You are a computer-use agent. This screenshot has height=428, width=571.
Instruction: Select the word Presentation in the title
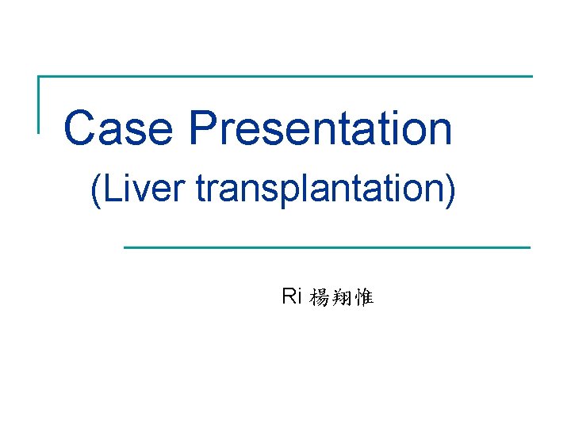click(x=321, y=128)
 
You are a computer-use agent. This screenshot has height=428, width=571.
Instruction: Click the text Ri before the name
click(x=291, y=297)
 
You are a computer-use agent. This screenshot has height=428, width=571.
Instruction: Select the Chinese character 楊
click(x=320, y=298)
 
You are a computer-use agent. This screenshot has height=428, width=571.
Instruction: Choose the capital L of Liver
click(x=109, y=191)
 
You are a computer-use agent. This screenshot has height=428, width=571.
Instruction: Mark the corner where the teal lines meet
click(x=39, y=77)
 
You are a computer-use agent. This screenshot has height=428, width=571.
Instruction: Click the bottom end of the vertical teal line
click(x=39, y=132)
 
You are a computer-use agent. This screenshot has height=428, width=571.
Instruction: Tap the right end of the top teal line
click(x=531, y=77)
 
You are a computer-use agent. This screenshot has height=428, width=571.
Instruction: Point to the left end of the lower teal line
click(x=125, y=247)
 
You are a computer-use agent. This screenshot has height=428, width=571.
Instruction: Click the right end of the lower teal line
click(x=530, y=247)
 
